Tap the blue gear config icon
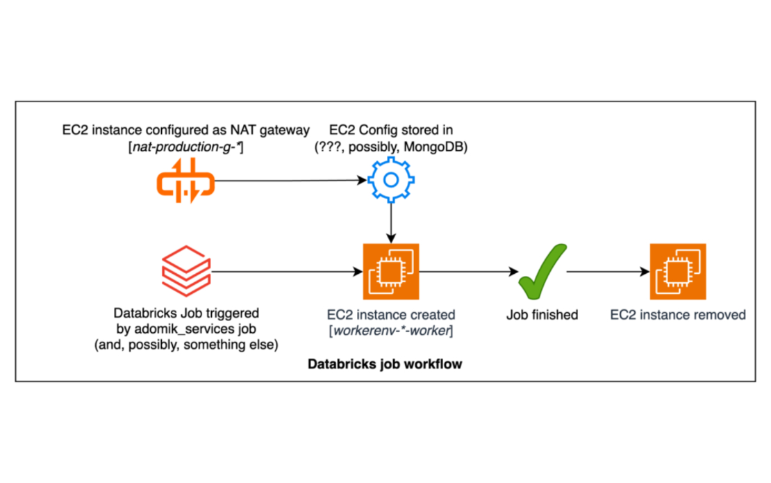pyautogui.click(x=391, y=181)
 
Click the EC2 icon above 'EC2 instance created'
pyautogui.click(x=391, y=272)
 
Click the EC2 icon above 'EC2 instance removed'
pyautogui.click(x=678, y=272)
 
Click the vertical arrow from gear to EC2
pyautogui.click(x=391, y=223)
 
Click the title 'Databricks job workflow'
pyautogui.click(x=385, y=363)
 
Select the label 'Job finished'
pyautogui.click(x=542, y=315)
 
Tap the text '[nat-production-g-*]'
pyautogui.click(x=184, y=147)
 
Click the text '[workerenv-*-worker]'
pyautogui.click(x=391, y=331)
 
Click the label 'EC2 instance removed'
pyautogui.click(x=678, y=315)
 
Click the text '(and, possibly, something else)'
pyautogui.click(x=185, y=345)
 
